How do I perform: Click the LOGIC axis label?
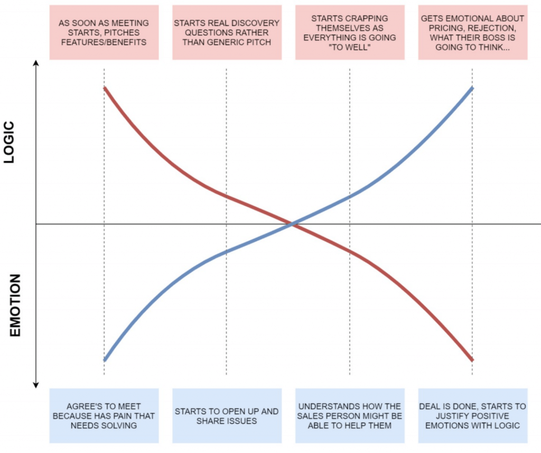click(10, 142)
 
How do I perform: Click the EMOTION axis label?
click(14, 306)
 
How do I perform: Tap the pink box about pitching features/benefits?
click(104, 32)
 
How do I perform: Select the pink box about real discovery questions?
click(227, 32)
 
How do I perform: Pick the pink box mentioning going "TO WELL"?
click(350, 32)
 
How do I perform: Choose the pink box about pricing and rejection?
click(472, 32)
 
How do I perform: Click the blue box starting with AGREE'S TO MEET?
click(104, 415)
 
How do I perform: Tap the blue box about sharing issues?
click(227, 415)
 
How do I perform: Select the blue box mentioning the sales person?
click(350, 415)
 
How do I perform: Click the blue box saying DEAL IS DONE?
click(472, 415)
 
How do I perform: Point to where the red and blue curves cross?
click(292, 225)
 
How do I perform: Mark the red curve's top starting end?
click(105, 88)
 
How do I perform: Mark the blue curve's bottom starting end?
click(105, 359)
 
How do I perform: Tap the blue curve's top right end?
click(472, 88)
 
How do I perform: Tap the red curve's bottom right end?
click(472, 359)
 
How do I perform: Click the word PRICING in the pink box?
click(435, 28)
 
